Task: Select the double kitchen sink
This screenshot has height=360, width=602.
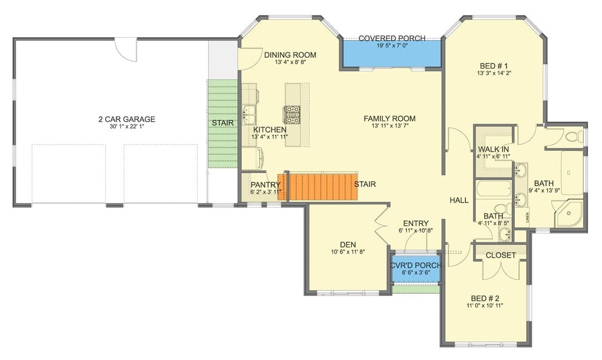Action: pyautogui.click(x=249, y=113)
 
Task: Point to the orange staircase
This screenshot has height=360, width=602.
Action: pyautogui.click(x=318, y=187)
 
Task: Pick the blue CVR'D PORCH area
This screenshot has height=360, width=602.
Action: pyautogui.click(x=415, y=269)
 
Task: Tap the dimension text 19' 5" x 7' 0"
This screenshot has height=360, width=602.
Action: pyautogui.click(x=392, y=45)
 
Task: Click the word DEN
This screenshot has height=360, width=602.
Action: pyautogui.click(x=348, y=244)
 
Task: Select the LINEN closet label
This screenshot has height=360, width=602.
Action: pyautogui.click(x=527, y=217)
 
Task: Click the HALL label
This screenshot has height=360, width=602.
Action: pyautogui.click(x=459, y=200)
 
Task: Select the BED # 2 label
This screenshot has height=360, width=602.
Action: pyautogui.click(x=485, y=298)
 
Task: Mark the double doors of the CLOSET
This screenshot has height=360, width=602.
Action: pyautogui.click(x=500, y=269)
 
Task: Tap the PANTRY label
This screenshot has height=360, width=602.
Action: pyautogui.click(x=265, y=185)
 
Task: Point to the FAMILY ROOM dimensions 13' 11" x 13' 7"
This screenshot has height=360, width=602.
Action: pyautogui.click(x=393, y=126)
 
